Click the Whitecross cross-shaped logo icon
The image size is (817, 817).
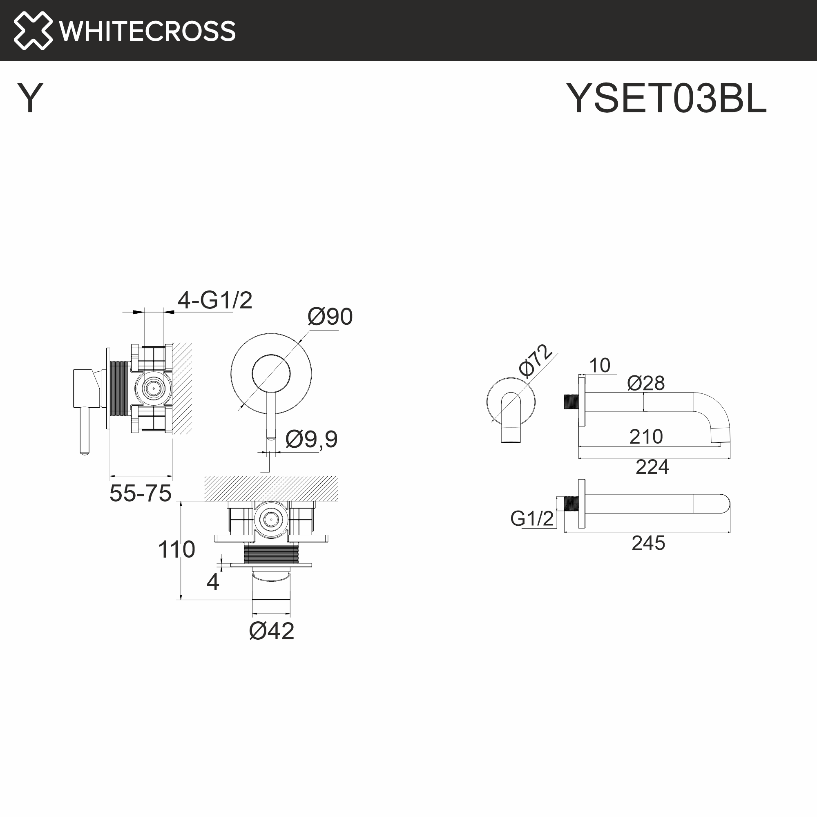[x=33, y=31]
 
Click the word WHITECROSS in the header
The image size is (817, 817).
[x=147, y=31]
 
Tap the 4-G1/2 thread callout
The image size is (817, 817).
[x=215, y=300]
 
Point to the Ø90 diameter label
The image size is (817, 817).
[x=330, y=316]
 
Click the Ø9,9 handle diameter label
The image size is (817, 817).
[x=311, y=439]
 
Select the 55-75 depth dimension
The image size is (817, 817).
[x=141, y=493]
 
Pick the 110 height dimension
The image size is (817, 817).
[x=176, y=549]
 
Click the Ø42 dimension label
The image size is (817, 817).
[x=272, y=631]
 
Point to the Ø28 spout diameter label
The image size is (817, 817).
[x=646, y=383]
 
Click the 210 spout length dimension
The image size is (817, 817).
[x=646, y=436]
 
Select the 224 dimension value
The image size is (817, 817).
[x=652, y=467]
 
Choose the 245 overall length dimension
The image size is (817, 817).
[x=648, y=543]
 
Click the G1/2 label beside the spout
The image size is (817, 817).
[x=531, y=518]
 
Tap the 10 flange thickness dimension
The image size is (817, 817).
[x=600, y=365]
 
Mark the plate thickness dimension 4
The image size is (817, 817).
[x=213, y=582]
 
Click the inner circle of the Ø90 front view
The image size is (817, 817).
[x=271, y=374]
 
